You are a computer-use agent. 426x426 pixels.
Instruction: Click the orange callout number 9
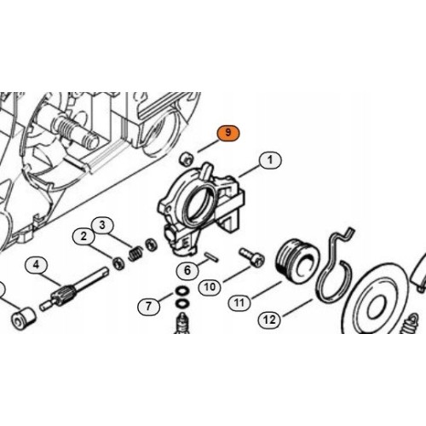pyautogui.click(x=228, y=133)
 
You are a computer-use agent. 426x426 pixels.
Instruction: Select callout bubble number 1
pyautogui.click(x=270, y=160)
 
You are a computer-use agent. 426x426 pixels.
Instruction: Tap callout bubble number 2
pyautogui.click(x=83, y=237)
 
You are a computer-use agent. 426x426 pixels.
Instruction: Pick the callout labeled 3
pyautogui.click(x=102, y=225)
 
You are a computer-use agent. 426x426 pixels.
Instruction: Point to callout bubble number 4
pyautogui.click(x=36, y=265)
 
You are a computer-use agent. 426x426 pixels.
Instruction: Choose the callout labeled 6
pyautogui.click(x=187, y=270)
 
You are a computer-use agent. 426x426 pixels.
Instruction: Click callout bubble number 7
pyautogui.click(x=148, y=307)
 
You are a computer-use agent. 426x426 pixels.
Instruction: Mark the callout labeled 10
pyautogui.click(x=210, y=287)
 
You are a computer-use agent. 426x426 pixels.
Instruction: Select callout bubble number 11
pyautogui.click(x=239, y=302)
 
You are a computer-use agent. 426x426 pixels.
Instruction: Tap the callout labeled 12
pyautogui.click(x=269, y=320)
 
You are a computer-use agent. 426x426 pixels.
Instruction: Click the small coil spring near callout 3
pyautogui.click(x=136, y=253)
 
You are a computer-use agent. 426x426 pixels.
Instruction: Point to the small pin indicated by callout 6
pyautogui.click(x=211, y=256)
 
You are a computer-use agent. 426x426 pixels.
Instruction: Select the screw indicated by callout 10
pyautogui.click(x=252, y=256)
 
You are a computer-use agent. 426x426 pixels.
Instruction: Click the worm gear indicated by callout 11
pyautogui.click(x=297, y=260)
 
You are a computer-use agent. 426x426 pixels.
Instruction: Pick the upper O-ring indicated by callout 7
pyautogui.click(x=182, y=291)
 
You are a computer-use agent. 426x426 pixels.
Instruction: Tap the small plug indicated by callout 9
pyautogui.click(x=186, y=159)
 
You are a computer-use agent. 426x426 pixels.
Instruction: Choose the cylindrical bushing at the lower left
pyautogui.click(x=24, y=319)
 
